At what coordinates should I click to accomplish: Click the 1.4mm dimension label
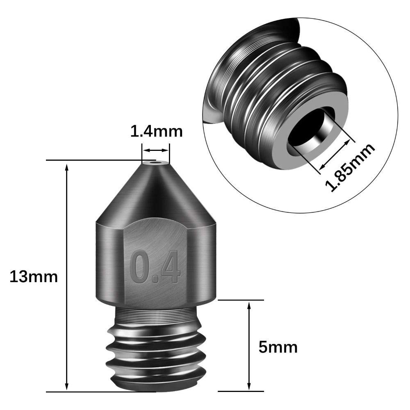[156, 132]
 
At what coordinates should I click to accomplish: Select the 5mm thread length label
[278, 347]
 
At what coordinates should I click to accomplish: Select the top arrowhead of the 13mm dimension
[67, 165]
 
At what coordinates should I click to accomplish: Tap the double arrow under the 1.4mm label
[156, 150]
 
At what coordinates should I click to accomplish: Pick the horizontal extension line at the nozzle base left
[82, 392]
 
